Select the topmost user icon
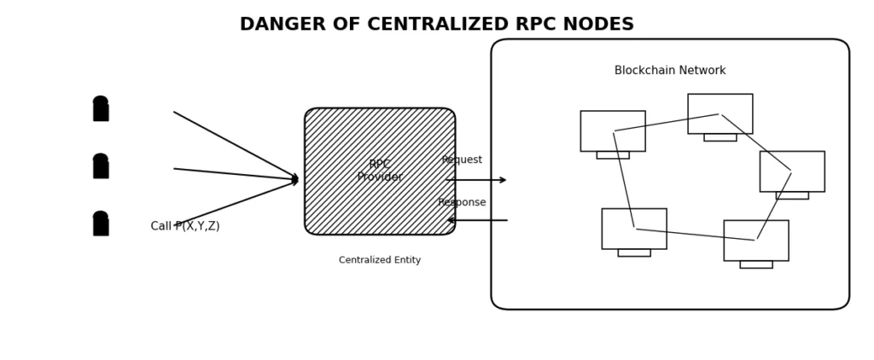tap(101, 108)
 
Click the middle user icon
tap(101, 165)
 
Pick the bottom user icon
tap(101, 224)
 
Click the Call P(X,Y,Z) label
tap(185, 226)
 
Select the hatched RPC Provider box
tap(379, 171)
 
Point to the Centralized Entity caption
tap(380, 260)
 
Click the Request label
tap(462, 160)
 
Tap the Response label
tap(462, 202)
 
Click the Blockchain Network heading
tap(670, 71)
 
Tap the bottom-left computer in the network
tap(634, 230)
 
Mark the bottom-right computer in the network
tap(756, 242)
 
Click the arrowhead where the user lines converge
tap(295, 179)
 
